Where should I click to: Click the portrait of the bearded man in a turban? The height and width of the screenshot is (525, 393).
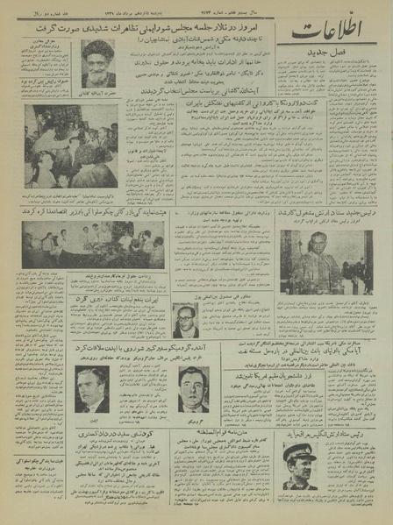[96, 64]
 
